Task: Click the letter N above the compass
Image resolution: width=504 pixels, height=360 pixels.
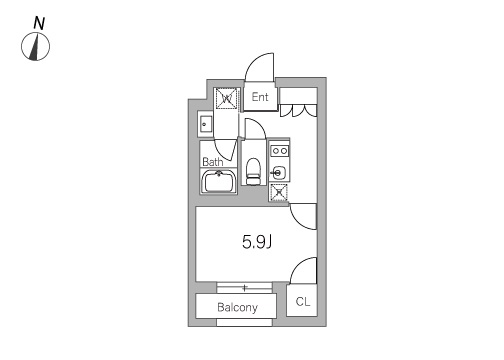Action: pyautogui.click(x=39, y=23)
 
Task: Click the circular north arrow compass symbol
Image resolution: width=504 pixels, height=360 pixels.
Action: pyautogui.click(x=35, y=47)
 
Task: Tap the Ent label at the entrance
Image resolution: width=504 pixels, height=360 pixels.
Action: pyautogui.click(x=260, y=97)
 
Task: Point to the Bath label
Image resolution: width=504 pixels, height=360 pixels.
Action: pyautogui.click(x=213, y=162)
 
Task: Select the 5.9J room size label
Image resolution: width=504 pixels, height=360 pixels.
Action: pyautogui.click(x=257, y=242)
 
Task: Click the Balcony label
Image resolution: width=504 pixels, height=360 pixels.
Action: pyautogui.click(x=237, y=307)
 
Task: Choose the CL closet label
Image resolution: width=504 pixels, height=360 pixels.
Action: pyautogui.click(x=303, y=302)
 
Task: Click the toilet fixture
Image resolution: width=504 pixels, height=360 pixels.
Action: pyautogui.click(x=254, y=171)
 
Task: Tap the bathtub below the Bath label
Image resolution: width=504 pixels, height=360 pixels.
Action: pyautogui.click(x=219, y=181)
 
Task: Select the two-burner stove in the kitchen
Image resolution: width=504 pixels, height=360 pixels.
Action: pyautogui.click(x=279, y=151)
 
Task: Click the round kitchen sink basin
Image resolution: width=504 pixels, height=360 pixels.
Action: pyautogui.click(x=277, y=173)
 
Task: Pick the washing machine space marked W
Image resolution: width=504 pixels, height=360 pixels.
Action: pyautogui.click(x=227, y=98)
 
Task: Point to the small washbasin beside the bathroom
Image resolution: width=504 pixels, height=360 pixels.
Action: pyautogui.click(x=205, y=124)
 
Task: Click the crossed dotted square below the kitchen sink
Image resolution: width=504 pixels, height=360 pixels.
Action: pyautogui.click(x=279, y=193)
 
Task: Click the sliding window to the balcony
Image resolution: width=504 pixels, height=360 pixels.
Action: pyautogui.click(x=245, y=288)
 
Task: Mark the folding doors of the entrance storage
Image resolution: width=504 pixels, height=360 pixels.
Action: pyautogui.click(x=298, y=111)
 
